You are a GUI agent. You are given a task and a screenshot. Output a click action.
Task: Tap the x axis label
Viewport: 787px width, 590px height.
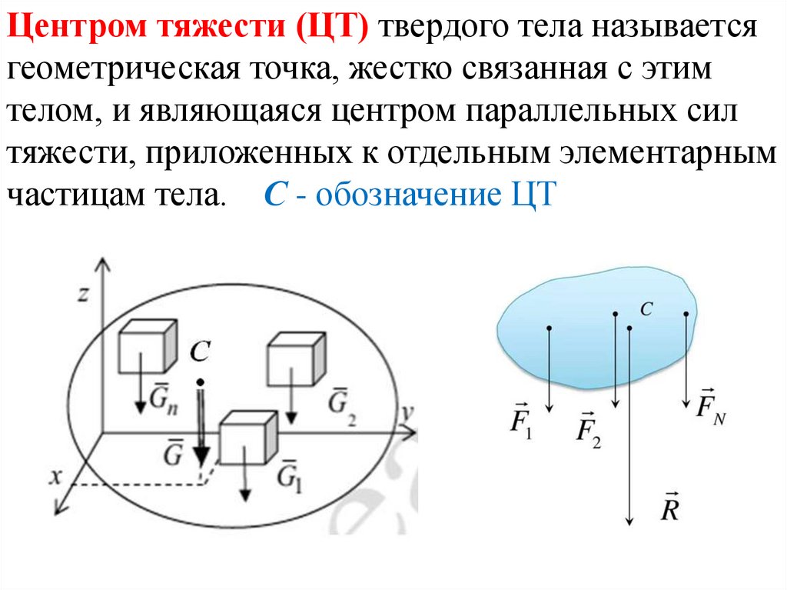[55, 477]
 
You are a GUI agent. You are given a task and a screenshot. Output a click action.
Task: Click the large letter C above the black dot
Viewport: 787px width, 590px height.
[199, 352]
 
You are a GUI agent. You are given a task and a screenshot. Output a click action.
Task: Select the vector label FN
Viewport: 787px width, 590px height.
[711, 406]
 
